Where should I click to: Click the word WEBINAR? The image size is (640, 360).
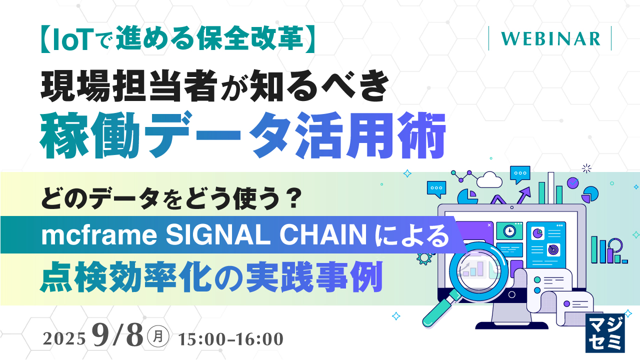[x=550, y=38]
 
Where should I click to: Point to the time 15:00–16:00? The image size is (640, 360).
[x=230, y=339]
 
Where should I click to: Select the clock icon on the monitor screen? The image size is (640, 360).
[x=509, y=231]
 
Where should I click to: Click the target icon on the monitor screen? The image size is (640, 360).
[x=552, y=247]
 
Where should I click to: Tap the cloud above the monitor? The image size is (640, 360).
[x=489, y=179]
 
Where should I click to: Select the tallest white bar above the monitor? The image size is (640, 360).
[x=550, y=188]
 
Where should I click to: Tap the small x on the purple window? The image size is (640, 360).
[x=488, y=225]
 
